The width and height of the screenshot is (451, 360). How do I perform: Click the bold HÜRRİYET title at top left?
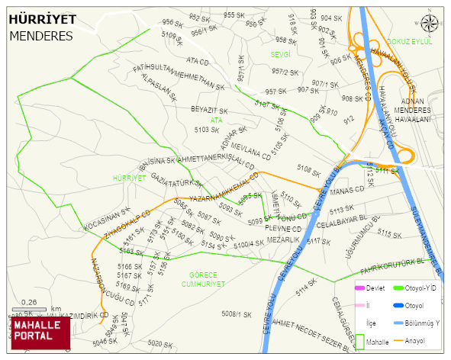click(41, 20)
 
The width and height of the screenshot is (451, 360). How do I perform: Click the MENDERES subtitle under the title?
click(41, 36)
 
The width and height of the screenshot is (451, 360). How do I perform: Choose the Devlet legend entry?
click(375, 288)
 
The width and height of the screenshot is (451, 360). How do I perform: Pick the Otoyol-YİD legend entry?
click(420, 288)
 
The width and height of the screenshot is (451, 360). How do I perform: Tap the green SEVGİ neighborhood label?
click(281, 55)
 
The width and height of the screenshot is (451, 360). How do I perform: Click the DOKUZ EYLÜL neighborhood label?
click(409, 41)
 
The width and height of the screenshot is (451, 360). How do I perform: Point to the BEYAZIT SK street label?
click(210, 111)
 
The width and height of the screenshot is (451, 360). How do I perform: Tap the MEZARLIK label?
click(282, 239)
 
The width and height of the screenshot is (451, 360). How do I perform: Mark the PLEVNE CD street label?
click(284, 228)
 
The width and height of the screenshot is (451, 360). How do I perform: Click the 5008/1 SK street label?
click(236, 313)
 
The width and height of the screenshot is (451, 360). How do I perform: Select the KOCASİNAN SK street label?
click(107, 219)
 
